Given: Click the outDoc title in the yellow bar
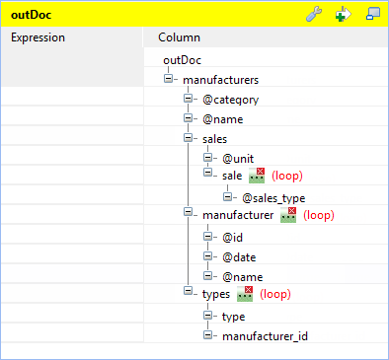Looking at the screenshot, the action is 33,15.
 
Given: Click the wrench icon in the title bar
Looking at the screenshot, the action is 315,15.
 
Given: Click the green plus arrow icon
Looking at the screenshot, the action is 344,15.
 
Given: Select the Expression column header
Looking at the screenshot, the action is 39,37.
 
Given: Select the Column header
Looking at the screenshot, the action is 180,37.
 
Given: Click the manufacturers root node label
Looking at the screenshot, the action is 221,79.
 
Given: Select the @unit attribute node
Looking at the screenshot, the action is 239,158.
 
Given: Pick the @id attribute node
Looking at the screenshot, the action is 233,237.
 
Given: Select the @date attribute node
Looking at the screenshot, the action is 239,256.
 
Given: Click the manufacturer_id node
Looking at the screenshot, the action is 265,336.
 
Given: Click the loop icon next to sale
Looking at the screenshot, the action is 259,176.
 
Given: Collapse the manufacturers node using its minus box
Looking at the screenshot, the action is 170,79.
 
